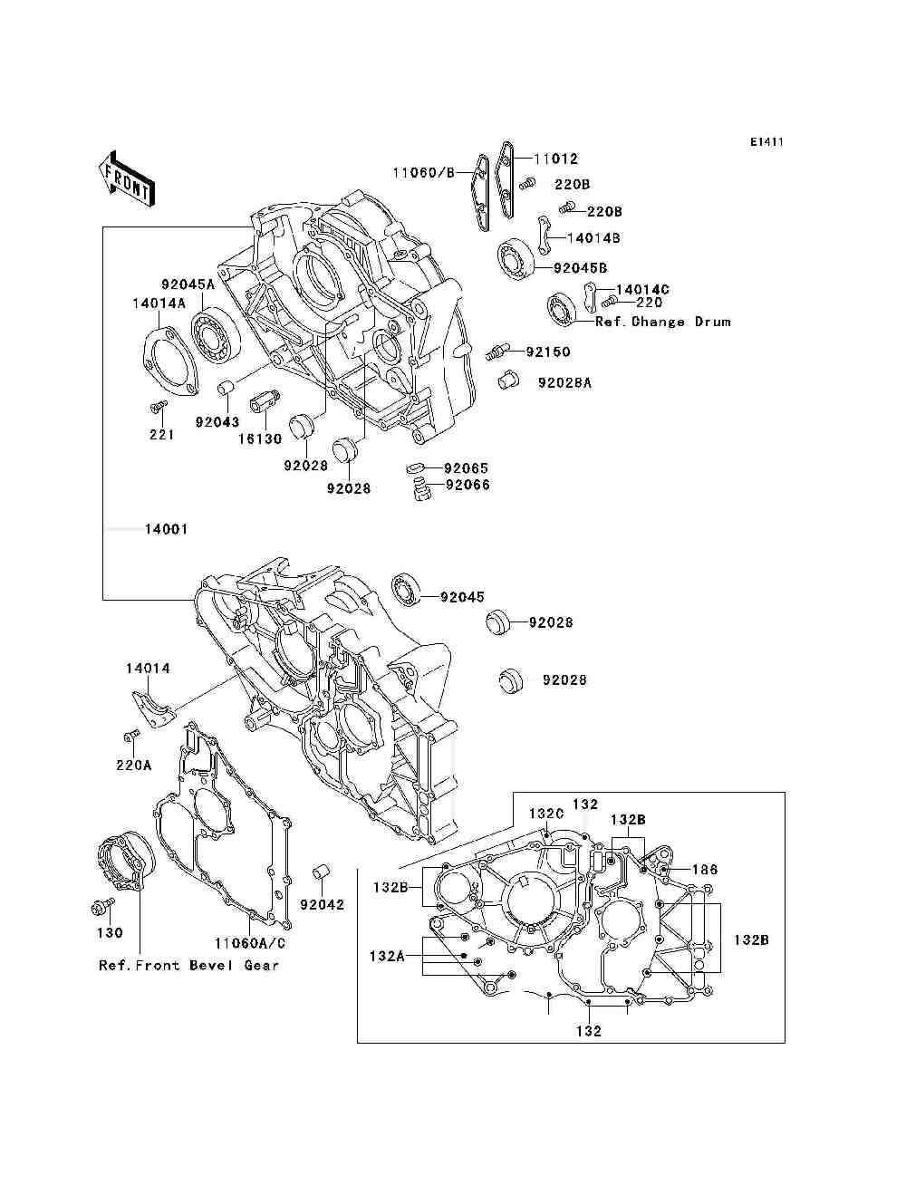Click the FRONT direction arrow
pyautogui.click(x=127, y=178)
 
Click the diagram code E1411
pyautogui.click(x=766, y=141)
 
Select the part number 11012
pyautogui.click(x=555, y=159)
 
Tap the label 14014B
pyautogui.click(x=593, y=238)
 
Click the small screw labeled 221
pyautogui.click(x=159, y=406)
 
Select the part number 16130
pyautogui.click(x=260, y=438)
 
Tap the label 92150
pyautogui.click(x=548, y=352)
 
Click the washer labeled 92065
pyautogui.click(x=416, y=467)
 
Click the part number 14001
pyautogui.click(x=167, y=529)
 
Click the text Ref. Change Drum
pyautogui.click(x=662, y=322)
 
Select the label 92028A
pyautogui.click(x=564, y=382)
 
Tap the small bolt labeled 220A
pyautogui.click(x=131, y=735)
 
